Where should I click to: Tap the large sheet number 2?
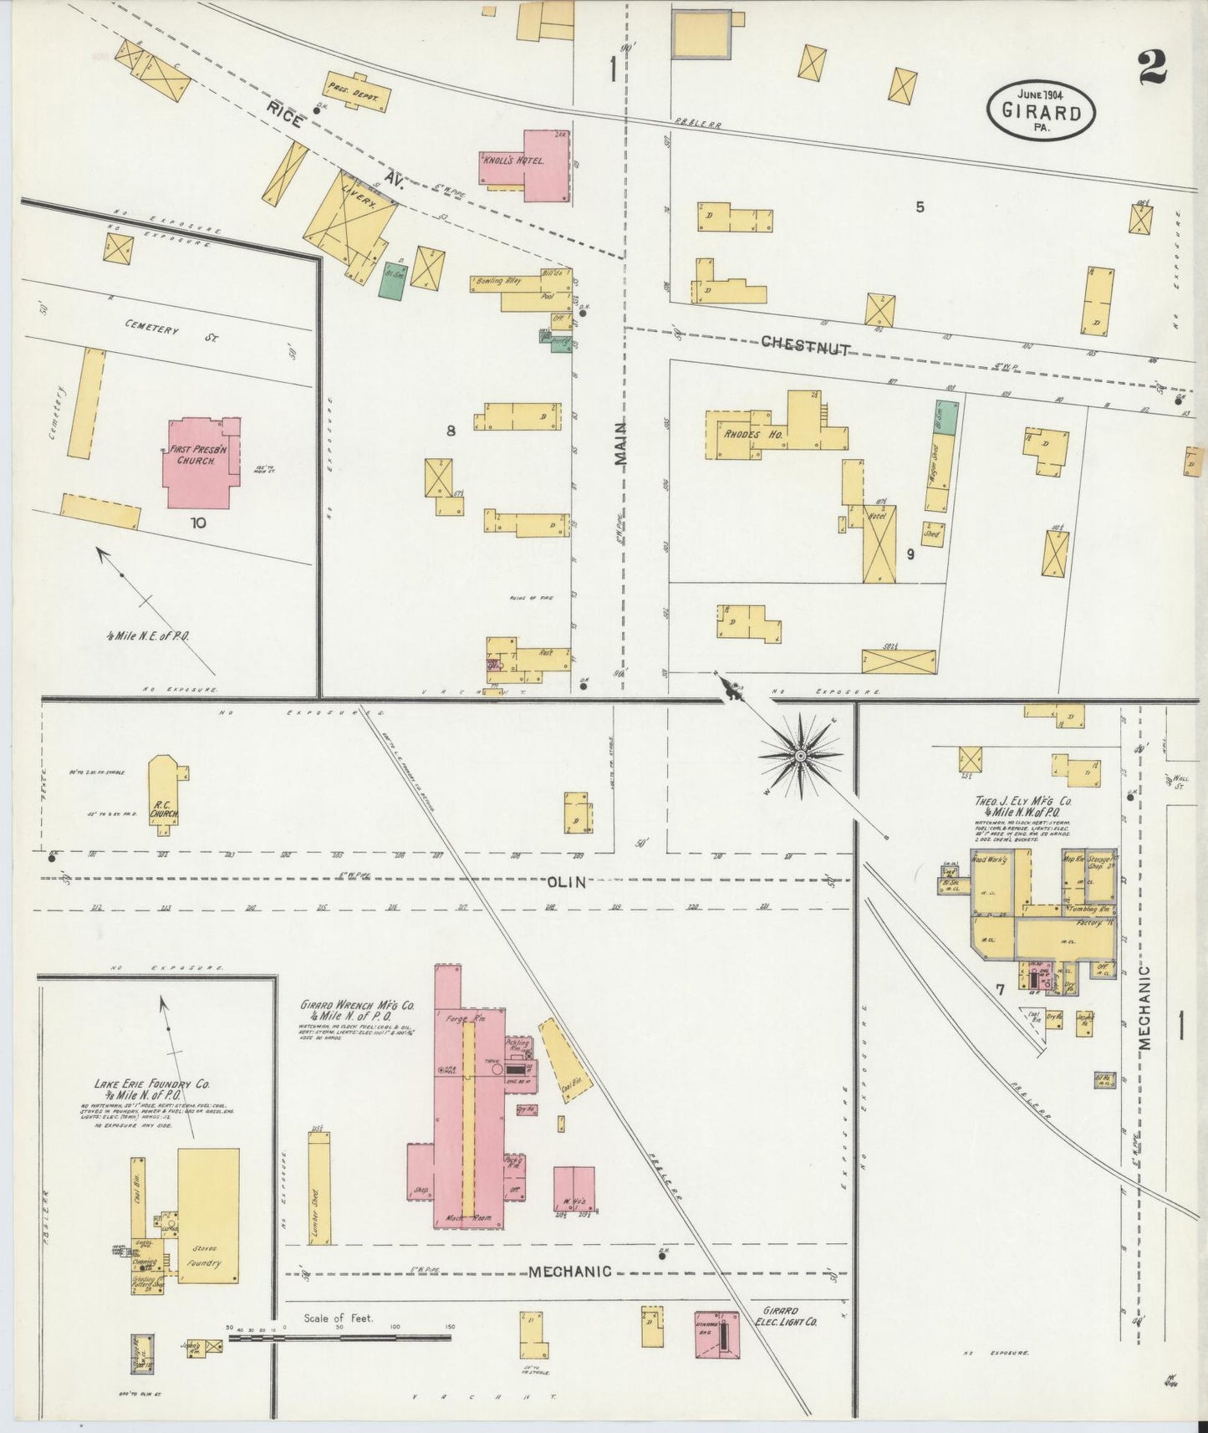tap(1152, 66)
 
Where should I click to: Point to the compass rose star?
tap(800, 756)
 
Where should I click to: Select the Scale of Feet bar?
tap(339, 1338)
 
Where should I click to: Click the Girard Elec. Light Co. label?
tap(787, 1316)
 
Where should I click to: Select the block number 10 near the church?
tap(198, 523)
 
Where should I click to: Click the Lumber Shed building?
tap(319, 1188)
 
